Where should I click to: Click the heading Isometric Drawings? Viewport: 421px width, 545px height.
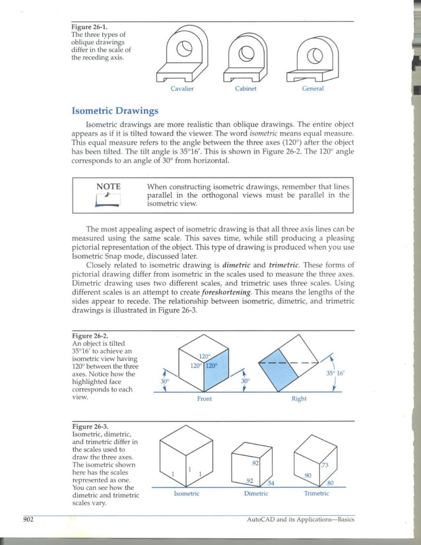click(115, 111)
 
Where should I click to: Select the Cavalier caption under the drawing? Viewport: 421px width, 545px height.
click(182, 88)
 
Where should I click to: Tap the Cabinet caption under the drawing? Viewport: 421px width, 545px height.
click(245, 88)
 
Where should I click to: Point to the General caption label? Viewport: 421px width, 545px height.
click(313, 88)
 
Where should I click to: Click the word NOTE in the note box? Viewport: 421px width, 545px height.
click(108, 187)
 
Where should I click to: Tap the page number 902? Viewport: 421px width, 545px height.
click(28, 520)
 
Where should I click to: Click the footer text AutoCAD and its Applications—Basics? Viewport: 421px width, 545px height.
click(300, 520)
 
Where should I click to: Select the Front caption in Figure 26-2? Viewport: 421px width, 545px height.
click(205, 399)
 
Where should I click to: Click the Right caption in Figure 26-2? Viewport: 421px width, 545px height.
click(299, 399)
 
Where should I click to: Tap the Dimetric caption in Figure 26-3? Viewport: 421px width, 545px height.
click(256, 494)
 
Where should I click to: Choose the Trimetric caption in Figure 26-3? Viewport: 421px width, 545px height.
click(317, 494)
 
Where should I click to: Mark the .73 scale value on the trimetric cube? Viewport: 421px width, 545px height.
click(324, 465)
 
